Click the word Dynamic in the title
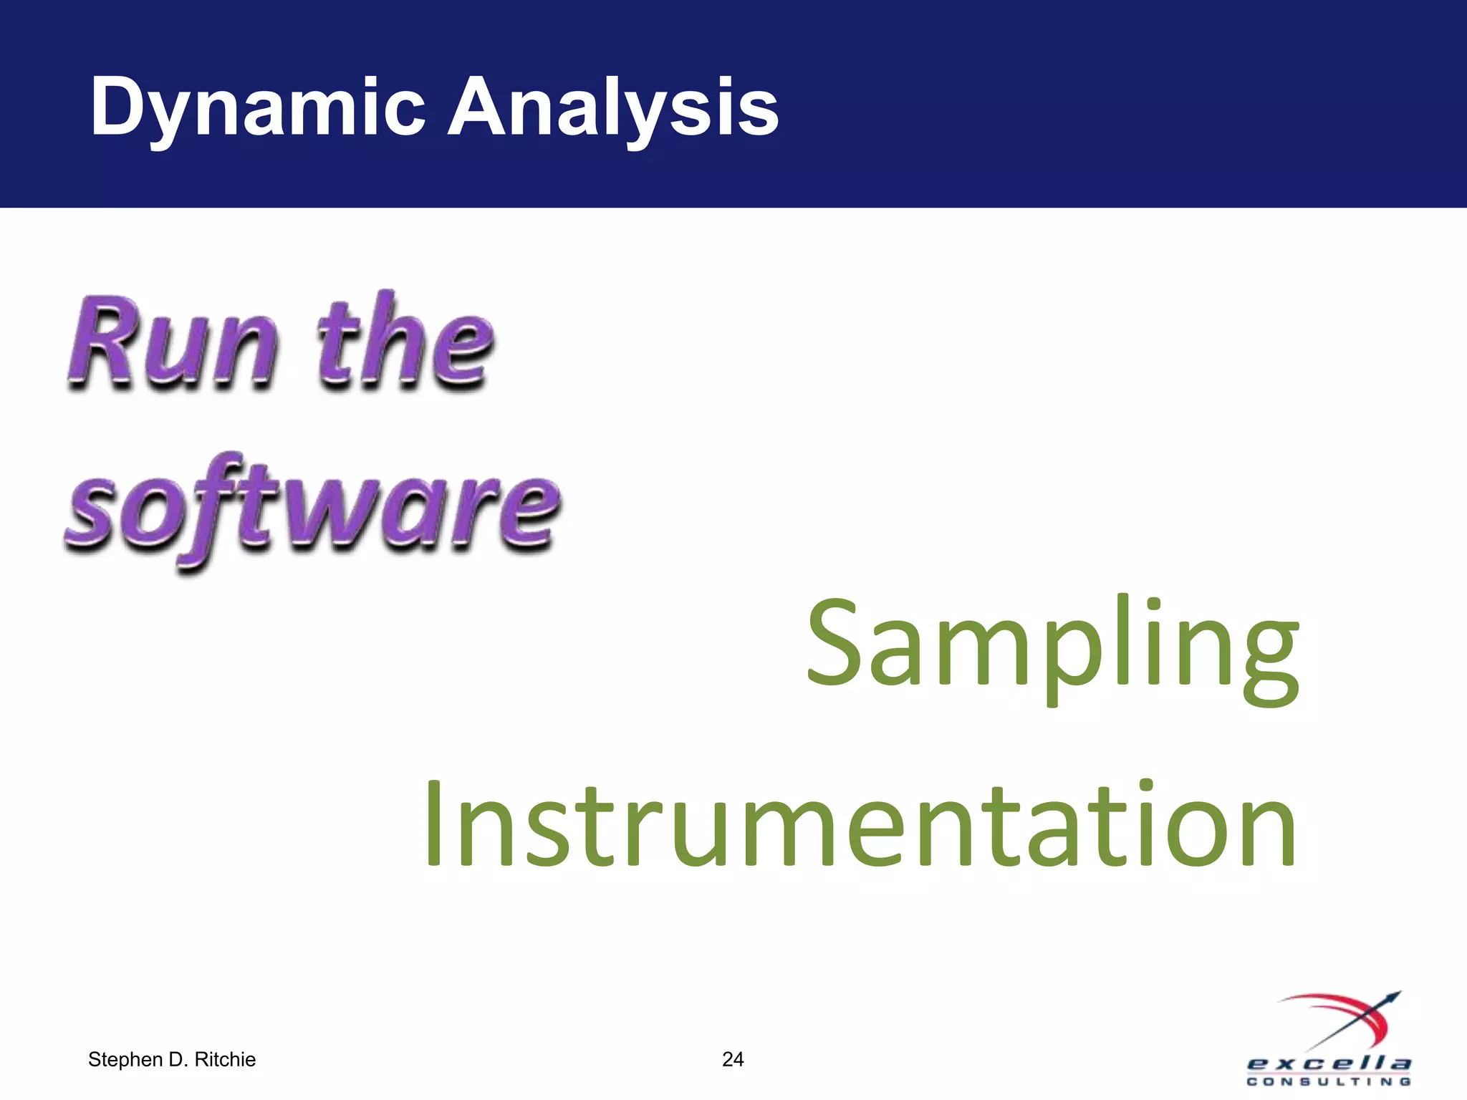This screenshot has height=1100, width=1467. point(258,107)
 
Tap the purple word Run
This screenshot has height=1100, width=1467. point(172,344)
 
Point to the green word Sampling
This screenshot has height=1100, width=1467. point(1052,645)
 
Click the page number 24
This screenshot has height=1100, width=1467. point(733,1059)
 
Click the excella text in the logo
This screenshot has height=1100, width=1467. point(1329,1064)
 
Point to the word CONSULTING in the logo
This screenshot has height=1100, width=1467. point(1329,1082)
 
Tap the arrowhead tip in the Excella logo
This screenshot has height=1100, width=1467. point(1397,995)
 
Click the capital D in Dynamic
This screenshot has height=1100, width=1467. point(118,107)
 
